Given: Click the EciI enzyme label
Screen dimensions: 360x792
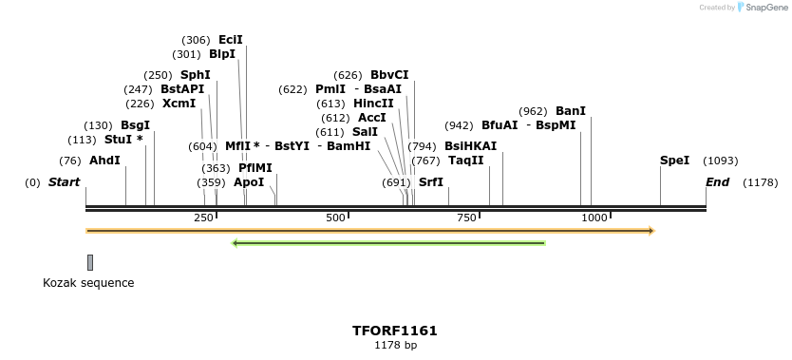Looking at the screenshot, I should click(x=231, y=40).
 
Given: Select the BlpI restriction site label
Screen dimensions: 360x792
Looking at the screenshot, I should click(x=222, y=54).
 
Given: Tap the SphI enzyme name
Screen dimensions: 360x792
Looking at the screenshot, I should click(x=196, y=75).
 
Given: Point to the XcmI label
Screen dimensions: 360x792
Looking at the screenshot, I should click(x=179, y=104).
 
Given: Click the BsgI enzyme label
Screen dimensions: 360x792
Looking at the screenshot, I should click(x=135, y=125).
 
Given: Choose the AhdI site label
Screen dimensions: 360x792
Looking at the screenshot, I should click(x=104, y=161).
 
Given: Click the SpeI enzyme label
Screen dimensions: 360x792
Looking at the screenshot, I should click(x=674, y=161).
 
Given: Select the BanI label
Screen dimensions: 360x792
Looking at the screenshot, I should click(x=571, y=111).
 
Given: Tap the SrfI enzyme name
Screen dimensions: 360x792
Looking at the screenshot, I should click(x=431, y=182).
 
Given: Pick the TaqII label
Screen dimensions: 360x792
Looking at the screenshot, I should click(x=466, y=161).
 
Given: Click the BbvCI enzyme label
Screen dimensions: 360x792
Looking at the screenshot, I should click(x=389, y=75).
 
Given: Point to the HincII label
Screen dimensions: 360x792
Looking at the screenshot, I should click(x=373, y=104).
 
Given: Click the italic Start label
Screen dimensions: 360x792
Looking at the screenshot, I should click(x=65, y=182).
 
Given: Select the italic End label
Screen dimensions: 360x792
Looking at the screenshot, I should click(x=717, y=182).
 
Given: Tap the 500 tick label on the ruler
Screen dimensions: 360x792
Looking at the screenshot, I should click(x=335, y=218).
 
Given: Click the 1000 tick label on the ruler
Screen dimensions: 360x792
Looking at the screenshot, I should click(x=594, y=218).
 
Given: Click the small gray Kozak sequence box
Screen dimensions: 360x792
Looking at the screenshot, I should click(x=90, y=262).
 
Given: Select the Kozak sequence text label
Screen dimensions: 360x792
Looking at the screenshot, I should click(x=88, y=283).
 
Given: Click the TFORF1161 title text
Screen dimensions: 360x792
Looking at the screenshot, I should click(x=395, y=331).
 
